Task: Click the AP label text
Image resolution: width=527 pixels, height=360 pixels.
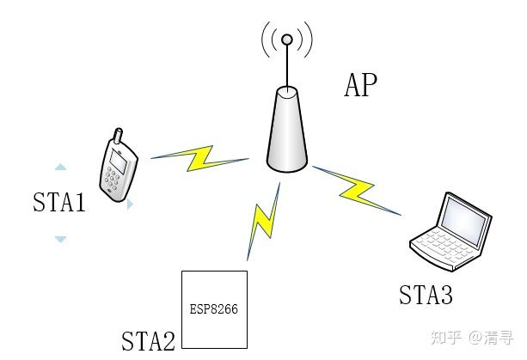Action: coord(360,85)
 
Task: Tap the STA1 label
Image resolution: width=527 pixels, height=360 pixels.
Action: coord(59,203)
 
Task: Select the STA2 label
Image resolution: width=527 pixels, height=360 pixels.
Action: coord(148,340)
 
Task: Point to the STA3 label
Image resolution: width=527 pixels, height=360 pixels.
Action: coord(426,295)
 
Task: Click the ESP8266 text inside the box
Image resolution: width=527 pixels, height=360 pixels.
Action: coord(214,306)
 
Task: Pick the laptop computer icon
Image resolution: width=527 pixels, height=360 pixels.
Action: coord(450,226)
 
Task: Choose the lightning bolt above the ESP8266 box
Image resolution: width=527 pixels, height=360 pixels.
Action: coord(261,225)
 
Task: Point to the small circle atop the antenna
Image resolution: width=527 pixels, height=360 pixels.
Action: coord(287,39)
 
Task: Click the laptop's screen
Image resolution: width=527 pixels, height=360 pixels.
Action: coord(465,216)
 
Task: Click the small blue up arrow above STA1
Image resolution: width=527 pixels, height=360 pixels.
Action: coord(60,167)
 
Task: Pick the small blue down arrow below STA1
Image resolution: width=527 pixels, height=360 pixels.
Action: coord(60,239)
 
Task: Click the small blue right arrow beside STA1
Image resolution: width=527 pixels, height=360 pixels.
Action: coord(130,205)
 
